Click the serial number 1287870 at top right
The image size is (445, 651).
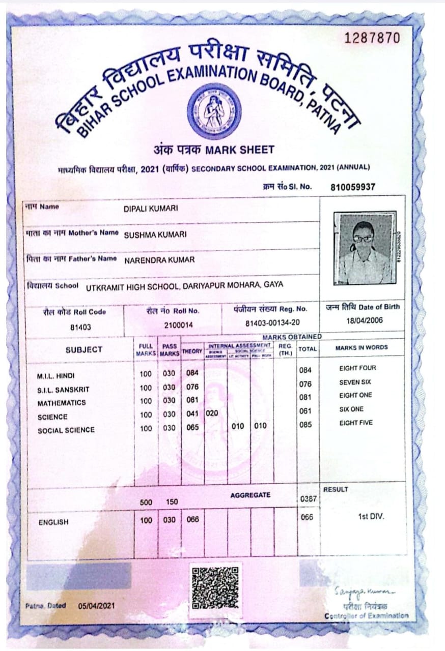372,38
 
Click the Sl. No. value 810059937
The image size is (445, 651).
352,187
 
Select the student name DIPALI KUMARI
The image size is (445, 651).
151,208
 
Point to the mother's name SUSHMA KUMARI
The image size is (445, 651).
155,234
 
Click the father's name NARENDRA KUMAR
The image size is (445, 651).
159,260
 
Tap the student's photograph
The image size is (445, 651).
363,248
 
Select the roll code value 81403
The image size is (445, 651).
80,327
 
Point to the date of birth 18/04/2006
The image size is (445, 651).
365,320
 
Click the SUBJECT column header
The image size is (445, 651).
84,349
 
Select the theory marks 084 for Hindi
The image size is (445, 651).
192,373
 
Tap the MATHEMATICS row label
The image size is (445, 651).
62,403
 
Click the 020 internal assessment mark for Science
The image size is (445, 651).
212,413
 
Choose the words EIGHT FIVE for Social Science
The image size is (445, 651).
355,423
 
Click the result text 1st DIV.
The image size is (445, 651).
371,517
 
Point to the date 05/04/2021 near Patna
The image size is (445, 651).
97,606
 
